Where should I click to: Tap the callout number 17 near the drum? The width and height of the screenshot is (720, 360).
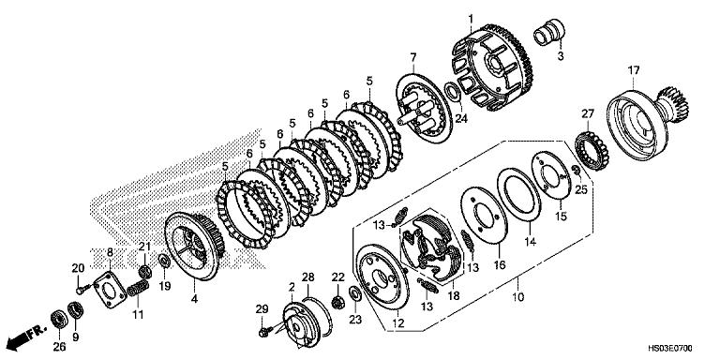634,69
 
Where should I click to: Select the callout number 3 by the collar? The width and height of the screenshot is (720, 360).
561,57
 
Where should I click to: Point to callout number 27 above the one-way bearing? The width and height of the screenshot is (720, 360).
588,114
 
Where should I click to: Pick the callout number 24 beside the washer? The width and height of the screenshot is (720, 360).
460,118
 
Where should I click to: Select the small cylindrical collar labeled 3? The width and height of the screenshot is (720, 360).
547,35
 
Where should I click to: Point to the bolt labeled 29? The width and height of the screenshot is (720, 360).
264,329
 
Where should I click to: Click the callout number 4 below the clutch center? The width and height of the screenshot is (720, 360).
194,299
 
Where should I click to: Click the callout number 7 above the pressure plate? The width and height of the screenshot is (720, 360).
412,59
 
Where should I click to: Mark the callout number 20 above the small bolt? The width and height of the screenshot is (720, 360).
79,267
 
